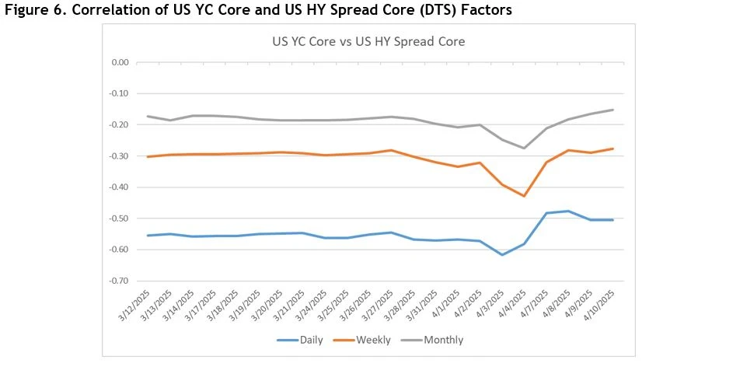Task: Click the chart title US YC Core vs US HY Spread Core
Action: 368,41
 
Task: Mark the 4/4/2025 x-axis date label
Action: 515,305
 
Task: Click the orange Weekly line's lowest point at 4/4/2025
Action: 524,196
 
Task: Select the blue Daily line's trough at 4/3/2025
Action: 502,255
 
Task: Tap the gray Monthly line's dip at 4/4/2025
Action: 524,148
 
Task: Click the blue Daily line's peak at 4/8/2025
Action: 568,211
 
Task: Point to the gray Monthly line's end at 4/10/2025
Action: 613,110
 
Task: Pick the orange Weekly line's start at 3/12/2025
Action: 148,157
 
